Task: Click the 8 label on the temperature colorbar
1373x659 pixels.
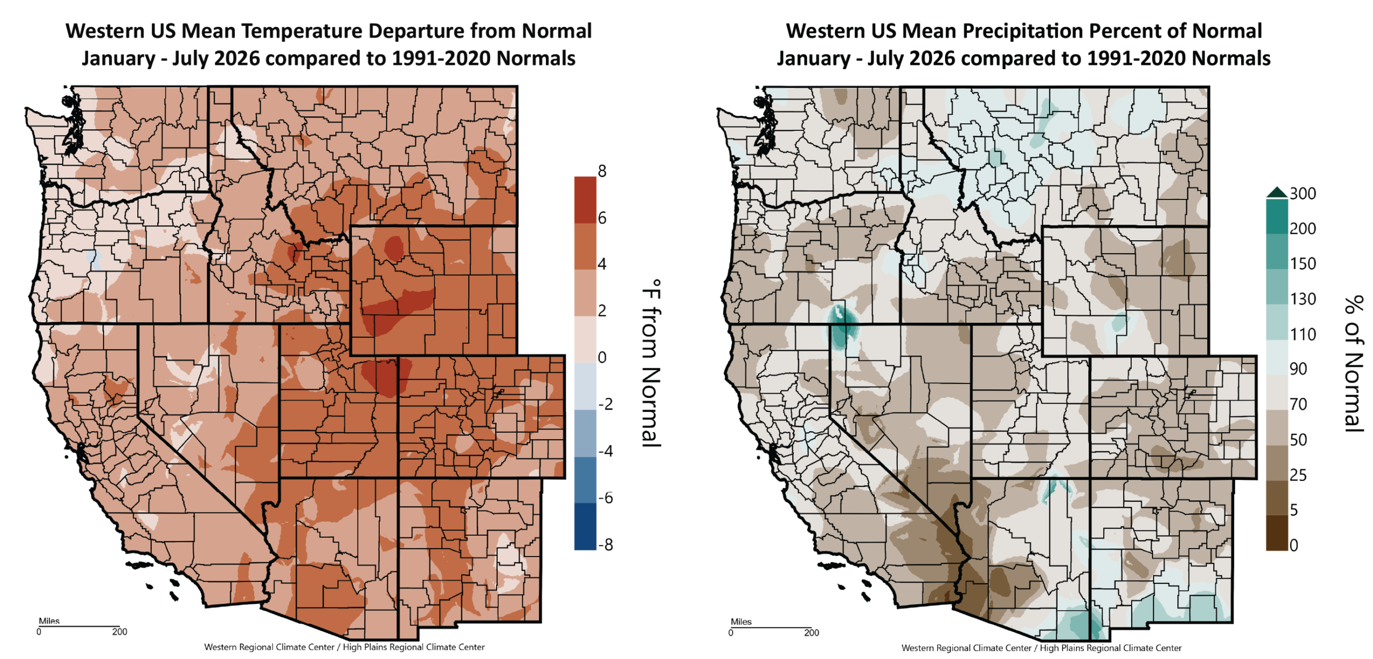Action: pyautogui.click(x=602, y=171)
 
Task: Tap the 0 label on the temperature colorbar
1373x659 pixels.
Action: pyautogui.click(x=602, y=357)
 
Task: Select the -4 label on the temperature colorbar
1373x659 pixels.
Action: pyautogui.click(x=606, y=451)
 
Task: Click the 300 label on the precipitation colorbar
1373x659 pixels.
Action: pyautogui.click(x=1303, y=194)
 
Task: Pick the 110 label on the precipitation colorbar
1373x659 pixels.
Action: pyautogui.click(x=1303, y=335)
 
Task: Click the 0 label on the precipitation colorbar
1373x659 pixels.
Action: pyautogui.click(x=1294, y=545)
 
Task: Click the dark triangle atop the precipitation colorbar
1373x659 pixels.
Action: pyautogui.click(x=1277, y=193)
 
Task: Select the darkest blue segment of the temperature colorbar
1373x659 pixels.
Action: pyautogui.click(x=585, y=526)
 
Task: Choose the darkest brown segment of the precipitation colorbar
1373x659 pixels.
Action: pyautogui.click(x=1277, y=532)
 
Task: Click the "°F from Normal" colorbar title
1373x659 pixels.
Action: pyautogui.click(x=652, y=363)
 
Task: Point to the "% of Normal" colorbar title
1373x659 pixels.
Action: pyautogui.click(x=1354, y=364)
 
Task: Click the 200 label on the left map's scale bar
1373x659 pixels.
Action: pyautogui.click(x=120, y=632)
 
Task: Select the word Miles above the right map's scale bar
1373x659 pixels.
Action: pyautogui.click(x=741, y=622)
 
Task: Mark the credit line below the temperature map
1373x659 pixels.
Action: pyautogui.click(x=344, y=647)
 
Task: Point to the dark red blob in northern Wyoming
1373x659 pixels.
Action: pyautogui.click(x=394, y=248)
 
